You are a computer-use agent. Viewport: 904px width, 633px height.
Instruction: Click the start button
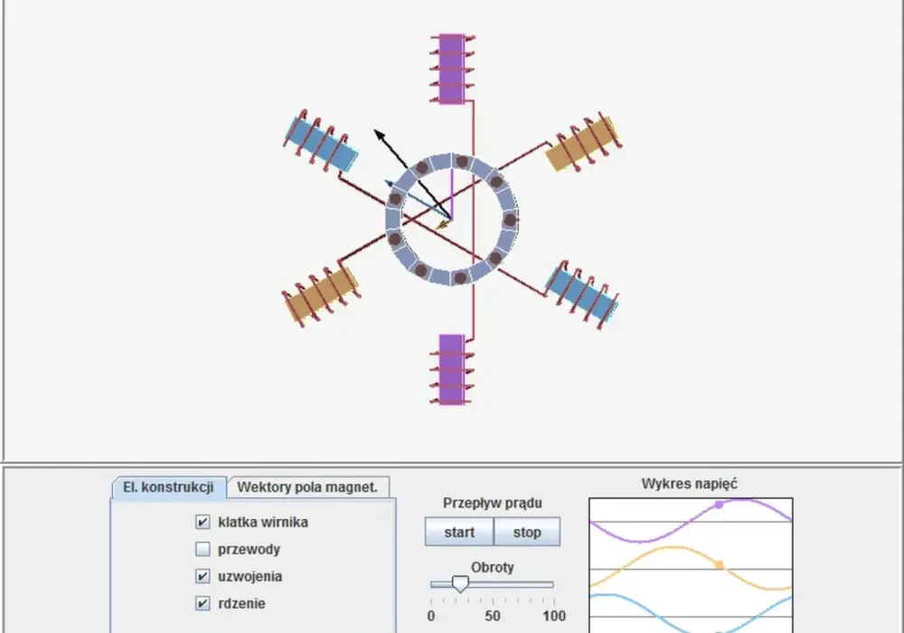pos(459,532)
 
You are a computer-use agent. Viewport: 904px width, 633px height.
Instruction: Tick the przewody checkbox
pos(202,549)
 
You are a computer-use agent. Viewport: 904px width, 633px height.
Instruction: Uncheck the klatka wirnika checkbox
pos(202,522)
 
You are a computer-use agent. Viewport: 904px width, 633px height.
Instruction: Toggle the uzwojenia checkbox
pos(202,576)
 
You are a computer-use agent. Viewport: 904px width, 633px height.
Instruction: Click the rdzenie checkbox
pos(202,603)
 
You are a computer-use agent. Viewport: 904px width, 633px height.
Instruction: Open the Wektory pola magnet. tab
pos(307,487)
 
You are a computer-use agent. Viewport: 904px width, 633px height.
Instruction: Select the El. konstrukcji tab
pos(168,487)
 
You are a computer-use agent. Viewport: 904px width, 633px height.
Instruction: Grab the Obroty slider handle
pos(460,583)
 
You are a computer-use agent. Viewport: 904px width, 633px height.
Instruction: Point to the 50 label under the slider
pos(493,616)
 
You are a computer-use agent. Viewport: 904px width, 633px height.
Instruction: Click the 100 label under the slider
pos(554,616)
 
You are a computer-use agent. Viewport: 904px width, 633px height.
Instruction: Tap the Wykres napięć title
pos(690,484)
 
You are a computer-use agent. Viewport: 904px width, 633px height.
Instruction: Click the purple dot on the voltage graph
pos(719,505)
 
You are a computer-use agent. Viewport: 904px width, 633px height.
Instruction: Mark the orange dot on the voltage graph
pos(719,565)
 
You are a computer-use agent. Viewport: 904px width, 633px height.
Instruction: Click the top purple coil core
pos(451,69)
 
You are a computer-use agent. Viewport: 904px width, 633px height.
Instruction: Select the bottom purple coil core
pos(451,369)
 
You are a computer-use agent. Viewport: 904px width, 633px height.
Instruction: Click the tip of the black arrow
pos(375,131)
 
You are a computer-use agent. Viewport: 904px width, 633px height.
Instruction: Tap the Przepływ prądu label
pos(493,504)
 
